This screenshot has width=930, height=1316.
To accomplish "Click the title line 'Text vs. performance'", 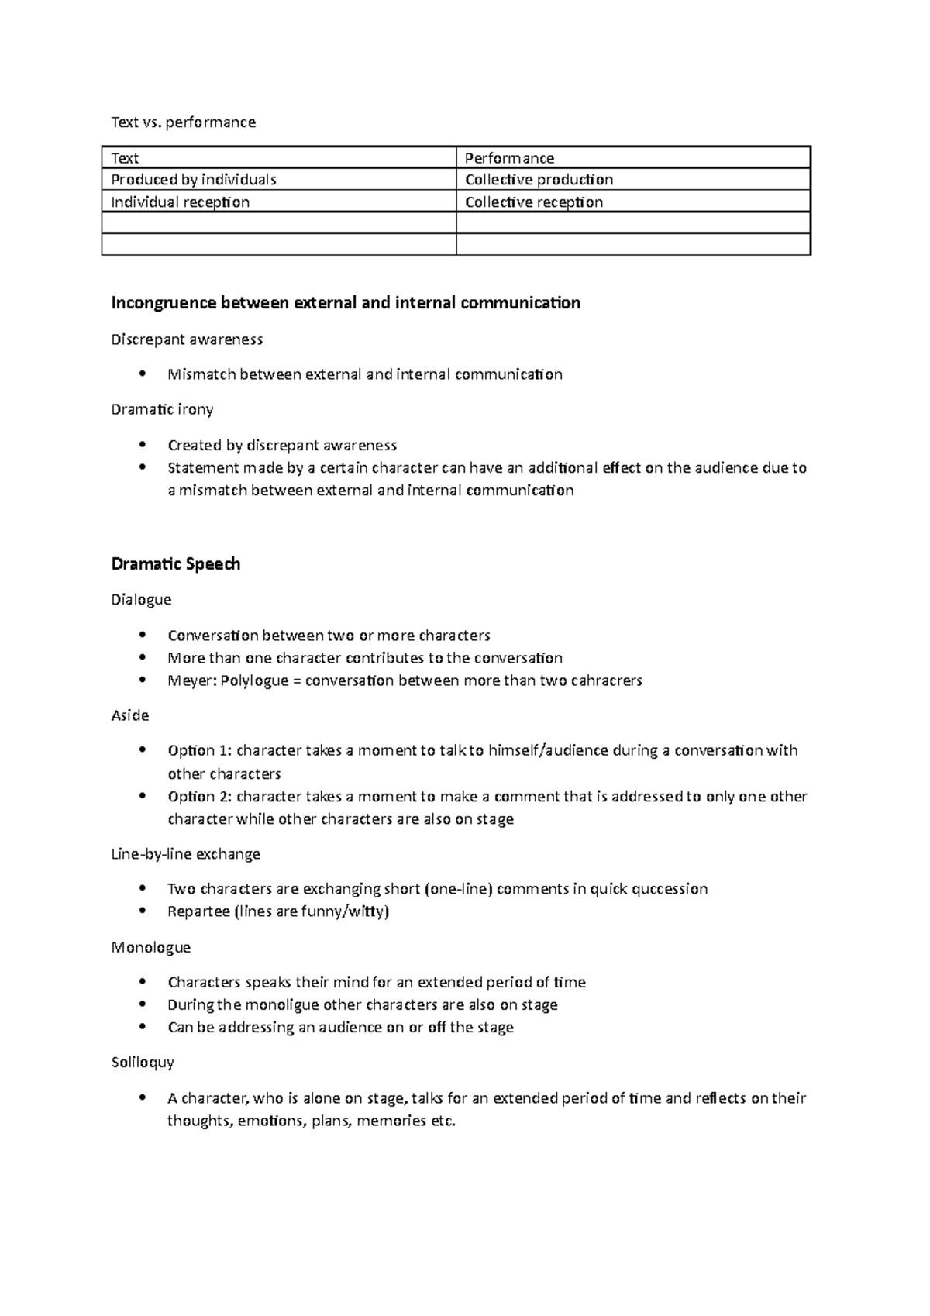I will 183,122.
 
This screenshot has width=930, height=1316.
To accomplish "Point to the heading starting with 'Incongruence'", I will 345,303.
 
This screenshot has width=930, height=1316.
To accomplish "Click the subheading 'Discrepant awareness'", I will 187,339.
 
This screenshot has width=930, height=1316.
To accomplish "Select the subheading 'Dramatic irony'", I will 162,409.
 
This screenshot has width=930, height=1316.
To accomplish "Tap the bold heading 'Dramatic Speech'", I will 176,564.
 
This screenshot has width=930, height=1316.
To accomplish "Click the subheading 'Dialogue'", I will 141,600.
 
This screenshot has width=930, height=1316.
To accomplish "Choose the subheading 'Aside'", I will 129,715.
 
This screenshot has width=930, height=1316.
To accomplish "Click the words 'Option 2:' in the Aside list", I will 200,797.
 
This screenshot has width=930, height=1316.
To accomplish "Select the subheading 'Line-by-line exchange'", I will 185,854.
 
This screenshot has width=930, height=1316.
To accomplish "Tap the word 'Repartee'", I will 198,911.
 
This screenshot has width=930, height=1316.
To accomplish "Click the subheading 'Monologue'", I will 150,947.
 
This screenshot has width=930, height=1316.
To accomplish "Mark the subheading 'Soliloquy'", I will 143,1063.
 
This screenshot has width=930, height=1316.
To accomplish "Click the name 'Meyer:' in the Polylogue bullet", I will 191,681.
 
